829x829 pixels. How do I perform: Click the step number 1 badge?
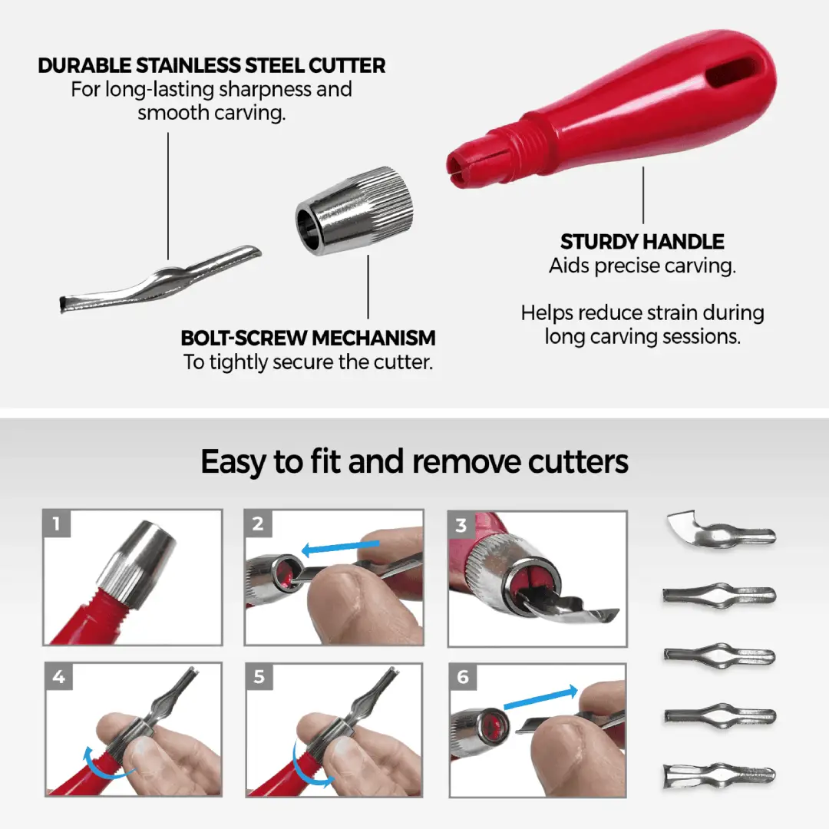click(57, 524)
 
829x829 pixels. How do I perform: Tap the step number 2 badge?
click(258, 524)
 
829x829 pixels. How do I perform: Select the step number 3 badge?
click(461, 525)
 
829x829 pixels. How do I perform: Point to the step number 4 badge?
click(58, 677)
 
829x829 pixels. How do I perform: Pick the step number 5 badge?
click(259, 677)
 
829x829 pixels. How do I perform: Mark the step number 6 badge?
click(463, 677)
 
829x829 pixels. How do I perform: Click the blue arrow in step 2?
click(341, 548)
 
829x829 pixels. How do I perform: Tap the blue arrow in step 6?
click(541, 697)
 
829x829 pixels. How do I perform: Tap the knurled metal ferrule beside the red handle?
click(354, 211)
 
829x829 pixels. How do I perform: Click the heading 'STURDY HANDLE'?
click(642, 242)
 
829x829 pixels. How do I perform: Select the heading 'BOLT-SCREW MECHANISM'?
click(309, 338)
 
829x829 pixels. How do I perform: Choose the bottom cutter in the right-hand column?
click(719, 775)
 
